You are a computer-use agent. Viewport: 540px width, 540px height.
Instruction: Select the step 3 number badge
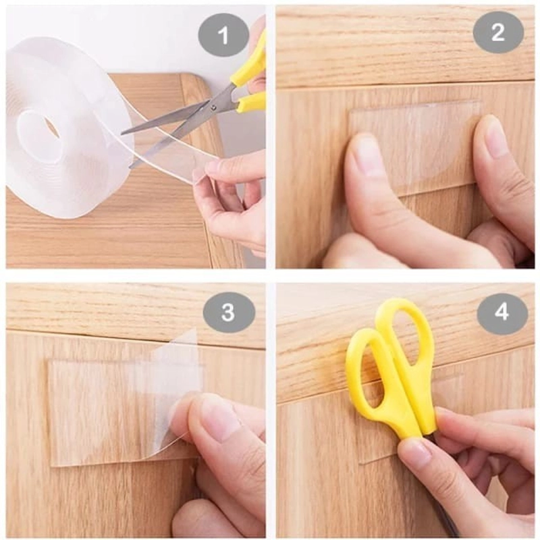click(229, 312)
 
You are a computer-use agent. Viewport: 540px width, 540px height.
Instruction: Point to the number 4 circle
click(502, 312)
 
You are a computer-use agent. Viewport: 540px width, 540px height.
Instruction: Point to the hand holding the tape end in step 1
click(230, 196)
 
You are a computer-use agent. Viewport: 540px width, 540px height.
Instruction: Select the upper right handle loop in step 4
click(405, 331)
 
